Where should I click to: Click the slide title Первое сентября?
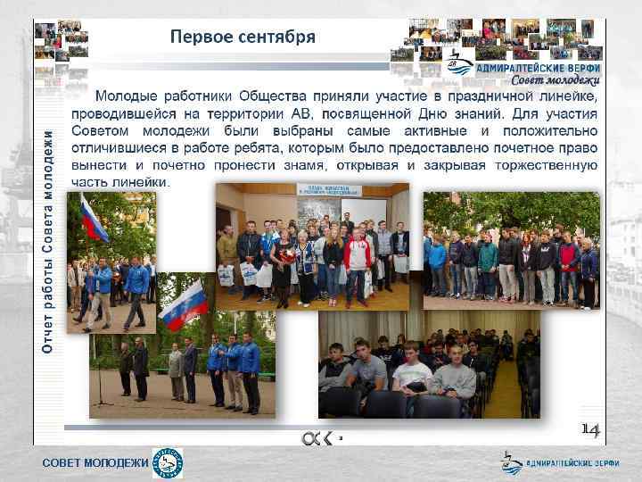[243, 37]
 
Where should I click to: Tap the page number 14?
[590, 430]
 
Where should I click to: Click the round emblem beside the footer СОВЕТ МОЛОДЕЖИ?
[168, 463]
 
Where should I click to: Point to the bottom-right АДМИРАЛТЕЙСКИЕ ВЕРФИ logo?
[561, 463]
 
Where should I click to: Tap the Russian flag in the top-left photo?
[93, 220]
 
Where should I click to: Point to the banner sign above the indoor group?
[329, 190]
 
